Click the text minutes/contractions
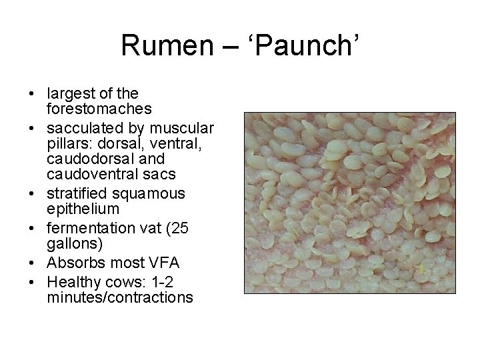120,297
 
